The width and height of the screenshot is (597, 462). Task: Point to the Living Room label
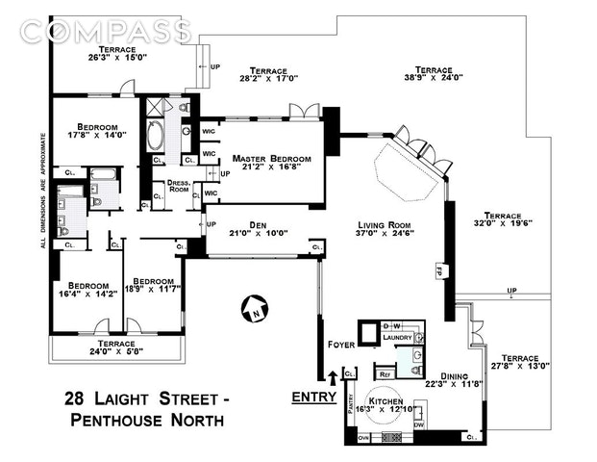(x=384, y=224)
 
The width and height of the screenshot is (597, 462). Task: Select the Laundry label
(x=398, y=338)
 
